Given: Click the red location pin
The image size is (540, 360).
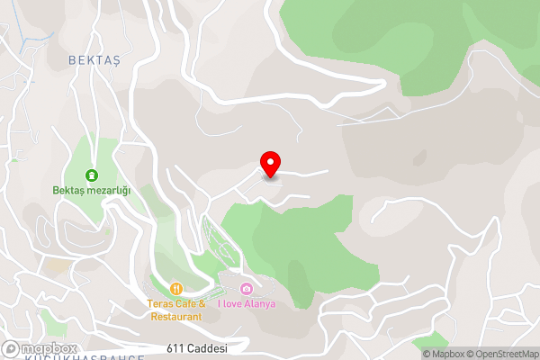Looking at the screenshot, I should (270, 164).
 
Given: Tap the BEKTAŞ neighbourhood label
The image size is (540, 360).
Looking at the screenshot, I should (94, 58).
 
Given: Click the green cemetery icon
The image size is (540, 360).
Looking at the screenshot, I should (91, 175).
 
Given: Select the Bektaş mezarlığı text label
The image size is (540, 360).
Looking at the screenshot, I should (91, 191).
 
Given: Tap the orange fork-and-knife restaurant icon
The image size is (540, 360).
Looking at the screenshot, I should (176, 289).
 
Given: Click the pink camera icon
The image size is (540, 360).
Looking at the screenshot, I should (247, 289).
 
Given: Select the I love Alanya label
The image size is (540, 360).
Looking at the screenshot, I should (247, 304).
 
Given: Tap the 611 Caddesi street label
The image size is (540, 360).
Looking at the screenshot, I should (195, 348).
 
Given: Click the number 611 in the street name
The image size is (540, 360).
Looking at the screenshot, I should (175, 348).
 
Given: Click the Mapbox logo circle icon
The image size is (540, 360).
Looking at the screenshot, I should (12, 348).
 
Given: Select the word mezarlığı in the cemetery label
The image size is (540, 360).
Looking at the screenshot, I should (108, 191).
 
